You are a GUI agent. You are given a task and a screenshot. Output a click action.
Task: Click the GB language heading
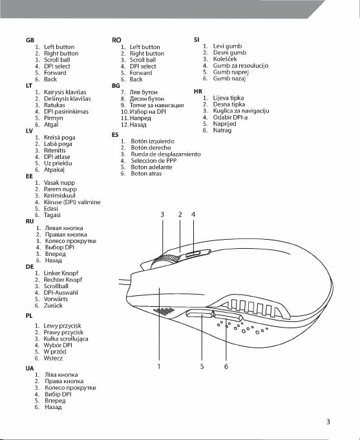30,40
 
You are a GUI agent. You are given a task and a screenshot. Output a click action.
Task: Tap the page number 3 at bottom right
328,421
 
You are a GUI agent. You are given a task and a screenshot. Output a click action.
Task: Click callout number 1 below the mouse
159,366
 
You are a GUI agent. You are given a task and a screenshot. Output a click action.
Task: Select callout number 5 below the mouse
202,366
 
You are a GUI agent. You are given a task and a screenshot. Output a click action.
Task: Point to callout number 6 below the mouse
226,366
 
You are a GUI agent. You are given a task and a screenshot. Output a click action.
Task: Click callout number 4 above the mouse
193,215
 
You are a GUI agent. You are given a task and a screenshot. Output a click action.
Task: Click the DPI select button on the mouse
192,255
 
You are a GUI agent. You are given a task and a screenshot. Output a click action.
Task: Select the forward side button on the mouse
200,313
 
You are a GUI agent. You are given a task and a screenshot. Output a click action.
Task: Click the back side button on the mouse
228,316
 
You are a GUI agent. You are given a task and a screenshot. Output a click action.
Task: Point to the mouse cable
125,282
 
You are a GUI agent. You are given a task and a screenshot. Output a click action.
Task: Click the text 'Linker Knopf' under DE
61,273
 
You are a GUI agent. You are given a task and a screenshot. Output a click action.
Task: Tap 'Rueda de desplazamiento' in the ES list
165,154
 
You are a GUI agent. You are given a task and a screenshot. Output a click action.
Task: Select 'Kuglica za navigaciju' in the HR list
241,111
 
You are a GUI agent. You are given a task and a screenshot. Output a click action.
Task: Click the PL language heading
29,316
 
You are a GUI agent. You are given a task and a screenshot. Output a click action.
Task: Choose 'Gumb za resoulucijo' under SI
240,66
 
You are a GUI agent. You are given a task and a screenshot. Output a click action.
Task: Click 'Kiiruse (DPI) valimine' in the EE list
72,202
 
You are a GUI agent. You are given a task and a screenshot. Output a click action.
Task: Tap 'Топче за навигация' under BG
156,105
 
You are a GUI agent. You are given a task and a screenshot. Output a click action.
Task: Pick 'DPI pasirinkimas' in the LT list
66,111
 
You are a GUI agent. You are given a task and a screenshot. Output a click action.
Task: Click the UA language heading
30,368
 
